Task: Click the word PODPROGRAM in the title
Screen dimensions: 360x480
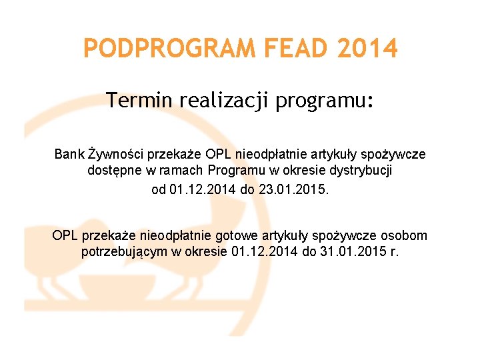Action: [170, 49]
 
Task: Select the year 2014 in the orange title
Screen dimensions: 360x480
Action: [367, 49]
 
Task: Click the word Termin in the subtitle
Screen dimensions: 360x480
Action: [138, 101]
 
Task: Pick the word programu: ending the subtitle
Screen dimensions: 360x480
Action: [325, 101]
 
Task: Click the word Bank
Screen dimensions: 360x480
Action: [69, 154]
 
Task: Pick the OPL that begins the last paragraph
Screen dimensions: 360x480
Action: [65, 235]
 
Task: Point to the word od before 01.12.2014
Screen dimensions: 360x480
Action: [159, 189]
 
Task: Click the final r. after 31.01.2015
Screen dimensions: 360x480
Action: [394, 253]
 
